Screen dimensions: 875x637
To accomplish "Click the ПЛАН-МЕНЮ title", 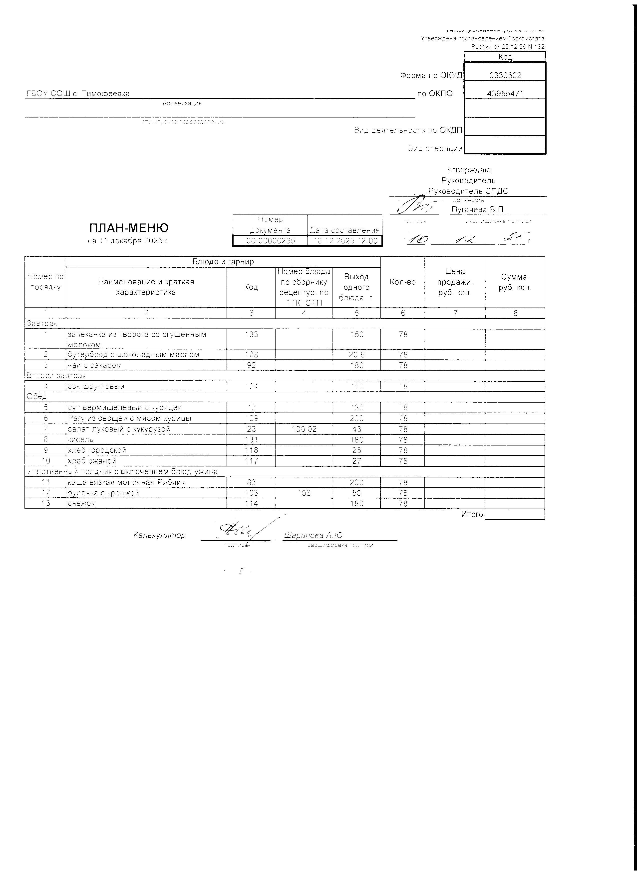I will [129, 228].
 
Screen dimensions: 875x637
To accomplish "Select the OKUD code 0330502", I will [505, 76].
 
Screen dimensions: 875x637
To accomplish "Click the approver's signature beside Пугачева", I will [414, 206].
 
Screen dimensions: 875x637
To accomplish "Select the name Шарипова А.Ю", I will [313, 535].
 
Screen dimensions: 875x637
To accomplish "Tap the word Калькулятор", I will [159, 535].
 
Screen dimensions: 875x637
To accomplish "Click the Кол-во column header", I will [402, 282].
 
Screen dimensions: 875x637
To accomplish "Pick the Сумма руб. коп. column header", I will [515, 282].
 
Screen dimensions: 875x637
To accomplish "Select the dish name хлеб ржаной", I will [91, 461].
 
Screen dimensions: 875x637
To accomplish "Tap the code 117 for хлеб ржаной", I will [251, 461].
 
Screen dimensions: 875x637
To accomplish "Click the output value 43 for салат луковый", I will [356, 429].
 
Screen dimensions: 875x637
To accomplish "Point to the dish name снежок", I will [81, 503].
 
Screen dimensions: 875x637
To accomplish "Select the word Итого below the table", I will [472, 514].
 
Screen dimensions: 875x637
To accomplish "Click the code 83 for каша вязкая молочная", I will [251, 482].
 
